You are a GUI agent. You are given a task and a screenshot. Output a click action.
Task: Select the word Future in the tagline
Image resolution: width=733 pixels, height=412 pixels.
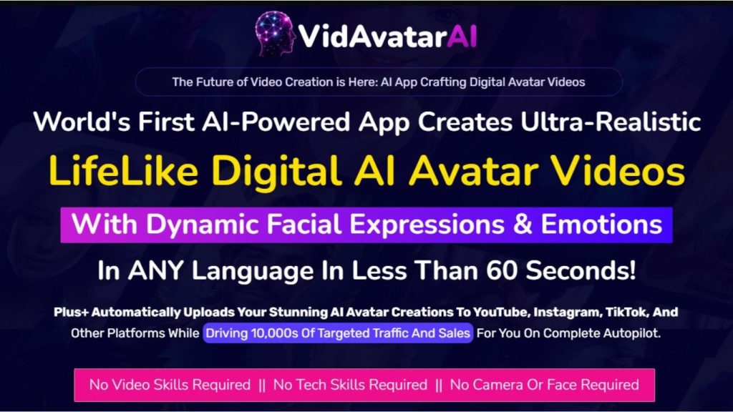click(215, 82)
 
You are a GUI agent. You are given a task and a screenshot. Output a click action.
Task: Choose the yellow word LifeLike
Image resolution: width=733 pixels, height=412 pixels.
click(122, 172)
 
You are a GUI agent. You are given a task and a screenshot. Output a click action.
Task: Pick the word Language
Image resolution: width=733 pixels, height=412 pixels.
click(261, 272)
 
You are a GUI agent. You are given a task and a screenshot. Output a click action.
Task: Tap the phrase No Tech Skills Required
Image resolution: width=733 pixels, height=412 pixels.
click(350, 385)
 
